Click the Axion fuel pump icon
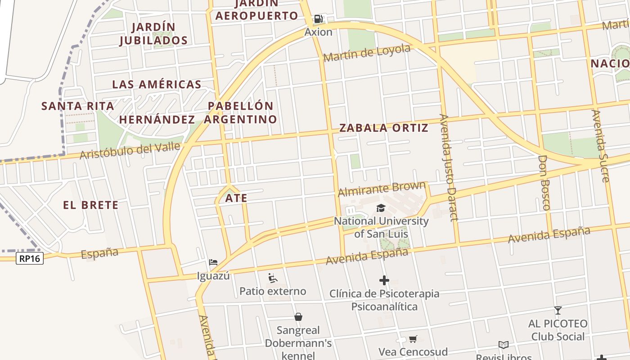pyautogui.click(x=319, y=19)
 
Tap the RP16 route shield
pyautogui.click(x=30, y=258)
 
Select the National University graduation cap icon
pyautogui.click(x=381, y=208)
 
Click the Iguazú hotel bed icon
pyautogui.click(x=213, y=262)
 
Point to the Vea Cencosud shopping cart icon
pyautogui.click(x=413, y=339)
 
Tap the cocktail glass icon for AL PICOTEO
pyautogui.click(x=558, y=310)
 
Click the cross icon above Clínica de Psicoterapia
pyautogui.click(x=384, y=281)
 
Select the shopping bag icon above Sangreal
pyautogui.click(x=298, y=317)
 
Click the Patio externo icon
pyautogui.click(x=272, y=278)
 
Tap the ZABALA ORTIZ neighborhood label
pyautogui.click(x=383, y=128)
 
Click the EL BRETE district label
pyautogui.click(x=90, y=205)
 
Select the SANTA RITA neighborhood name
pyautogui.click(x=77, y=106)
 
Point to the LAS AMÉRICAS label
pyautogui.click(x=157, y=84)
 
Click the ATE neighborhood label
pyautogui.click(x=236, y=198)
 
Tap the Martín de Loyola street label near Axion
pyautogui.click(x=367, y=53)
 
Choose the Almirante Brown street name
pyautogui.click(x=382, y=189)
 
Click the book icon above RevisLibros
pyautogui.click(x=504, y=345)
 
